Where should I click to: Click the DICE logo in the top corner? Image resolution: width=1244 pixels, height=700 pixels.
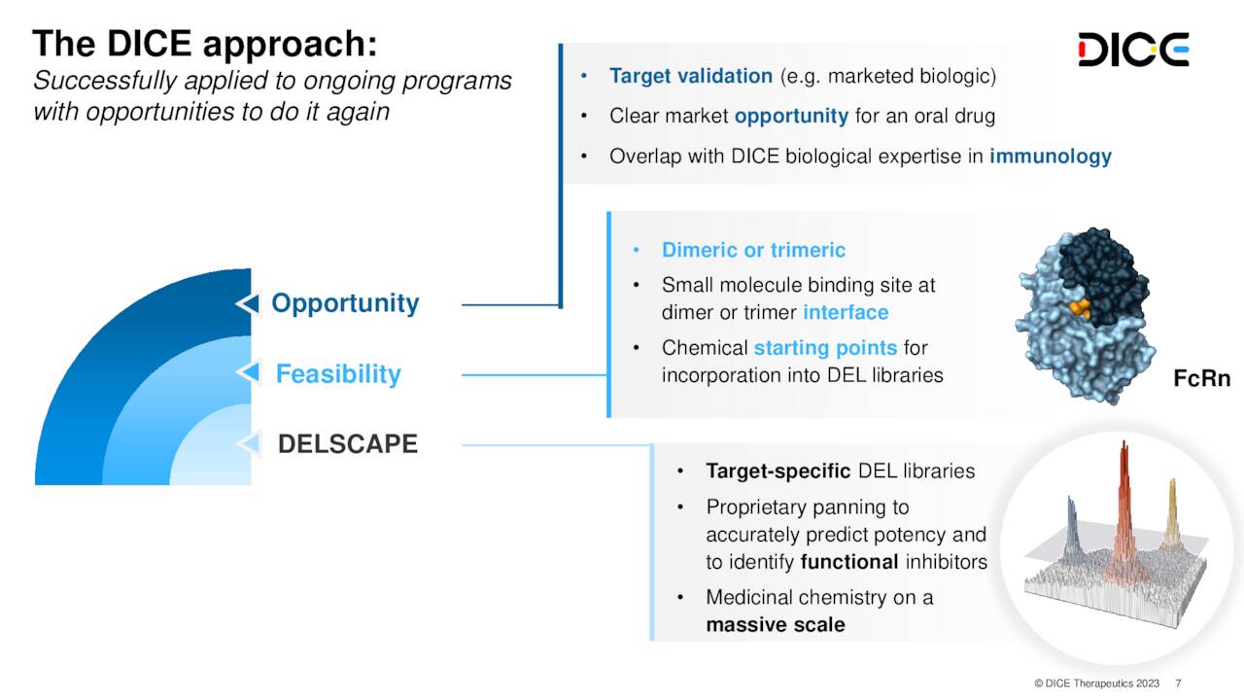1133,49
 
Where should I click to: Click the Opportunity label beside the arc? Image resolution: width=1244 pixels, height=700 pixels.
345,303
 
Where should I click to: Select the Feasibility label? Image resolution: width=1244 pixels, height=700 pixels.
337,374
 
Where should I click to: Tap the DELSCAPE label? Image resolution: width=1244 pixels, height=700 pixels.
347,444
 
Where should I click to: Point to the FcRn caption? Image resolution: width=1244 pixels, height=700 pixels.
1201,379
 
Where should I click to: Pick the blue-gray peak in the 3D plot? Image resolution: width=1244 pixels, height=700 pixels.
1072,525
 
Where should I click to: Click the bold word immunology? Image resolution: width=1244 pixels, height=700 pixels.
1050,157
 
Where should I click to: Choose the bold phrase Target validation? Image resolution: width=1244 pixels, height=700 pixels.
691,76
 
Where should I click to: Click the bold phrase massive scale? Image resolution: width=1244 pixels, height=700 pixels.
775,625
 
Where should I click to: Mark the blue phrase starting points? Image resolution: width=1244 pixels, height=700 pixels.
825,348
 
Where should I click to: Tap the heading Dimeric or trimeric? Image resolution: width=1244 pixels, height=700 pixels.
753,251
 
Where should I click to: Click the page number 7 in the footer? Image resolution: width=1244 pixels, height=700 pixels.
1179,683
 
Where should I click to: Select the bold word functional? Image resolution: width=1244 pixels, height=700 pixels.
848,562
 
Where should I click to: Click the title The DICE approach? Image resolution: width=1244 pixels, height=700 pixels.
204,44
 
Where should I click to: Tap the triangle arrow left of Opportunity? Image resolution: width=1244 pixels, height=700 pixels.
249,304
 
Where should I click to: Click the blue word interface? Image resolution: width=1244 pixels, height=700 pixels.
845,313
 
